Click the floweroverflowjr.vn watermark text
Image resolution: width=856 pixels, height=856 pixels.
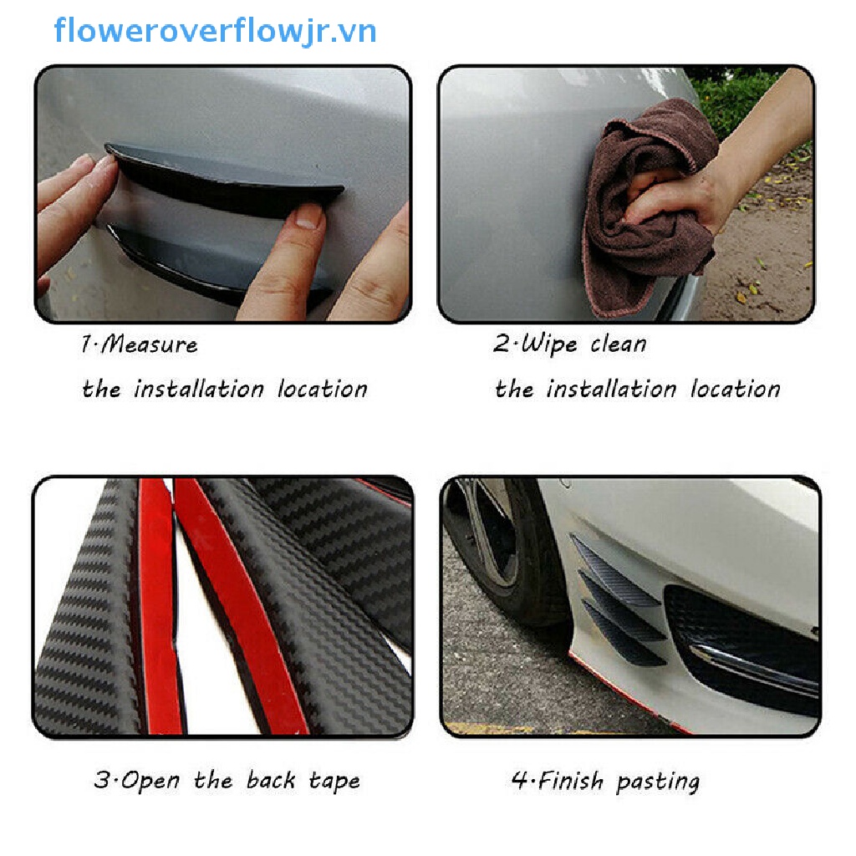tap(215, 32)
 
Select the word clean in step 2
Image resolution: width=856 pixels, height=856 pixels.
tap(618, 344)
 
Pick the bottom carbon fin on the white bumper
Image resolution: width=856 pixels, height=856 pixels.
tap(623, 639)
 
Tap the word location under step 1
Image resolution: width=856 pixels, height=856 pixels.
tap(322, 390)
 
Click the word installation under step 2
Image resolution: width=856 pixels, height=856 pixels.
tap(611, 390)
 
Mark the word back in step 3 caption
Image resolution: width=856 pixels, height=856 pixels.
tap(270, 781)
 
